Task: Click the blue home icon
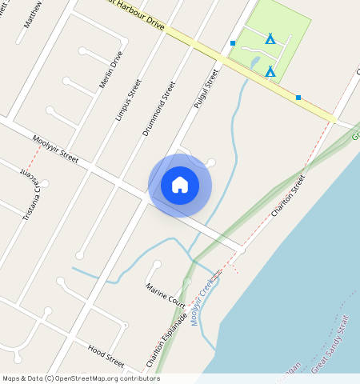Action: (x=180, y=185)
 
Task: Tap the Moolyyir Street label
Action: (x=56, y=150)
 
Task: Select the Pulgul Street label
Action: (x=206, y=88)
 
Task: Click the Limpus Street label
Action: (x=128, y=99)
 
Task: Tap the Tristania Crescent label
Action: (x=31, y=195)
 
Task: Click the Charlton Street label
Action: (x=289, y=195)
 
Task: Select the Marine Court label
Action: (x=165, y=294)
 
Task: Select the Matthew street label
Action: (x=33, y=14)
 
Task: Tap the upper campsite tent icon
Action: (x=270, y=38)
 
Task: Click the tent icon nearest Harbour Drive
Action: (x=270, y=72)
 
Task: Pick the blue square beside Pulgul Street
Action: (x=233, y=43)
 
